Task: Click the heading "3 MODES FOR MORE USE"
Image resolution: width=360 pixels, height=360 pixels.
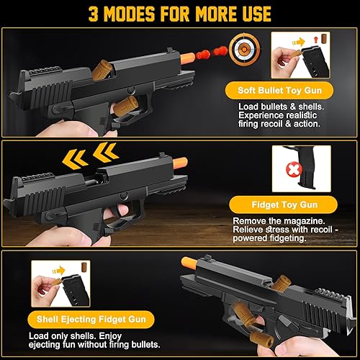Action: [180, 14]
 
